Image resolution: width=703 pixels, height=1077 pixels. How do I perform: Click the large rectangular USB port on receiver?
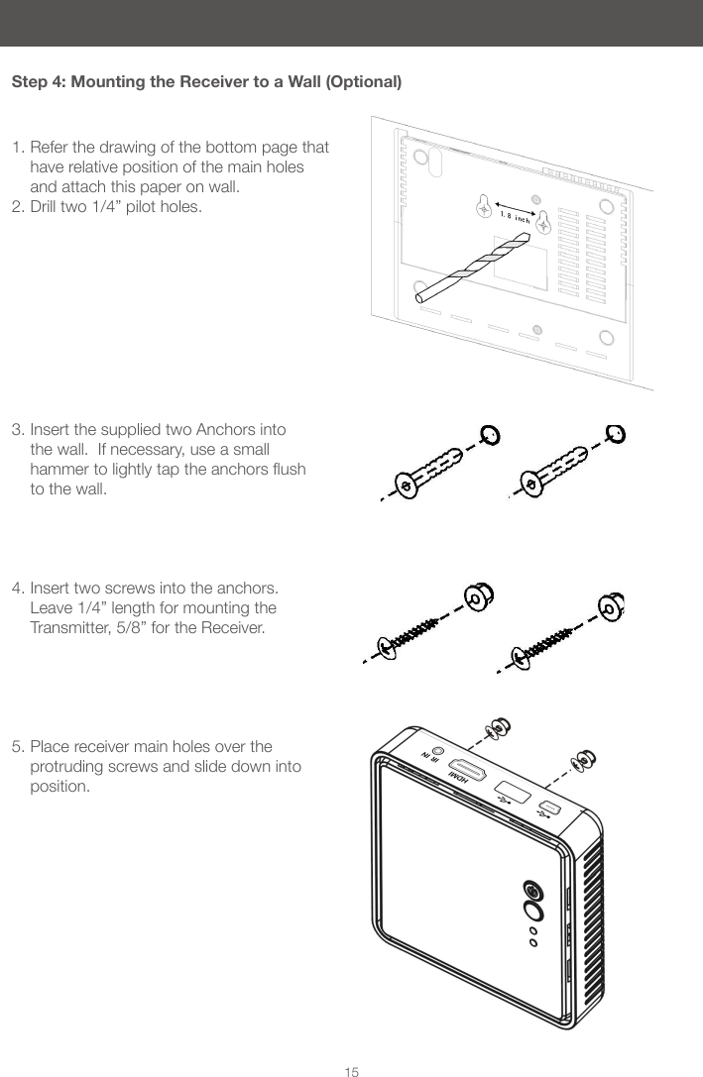pyautogui.click(x=510, y=794)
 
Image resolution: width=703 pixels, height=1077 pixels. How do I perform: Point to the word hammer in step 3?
pyautogui.click(x=59, y=469)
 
